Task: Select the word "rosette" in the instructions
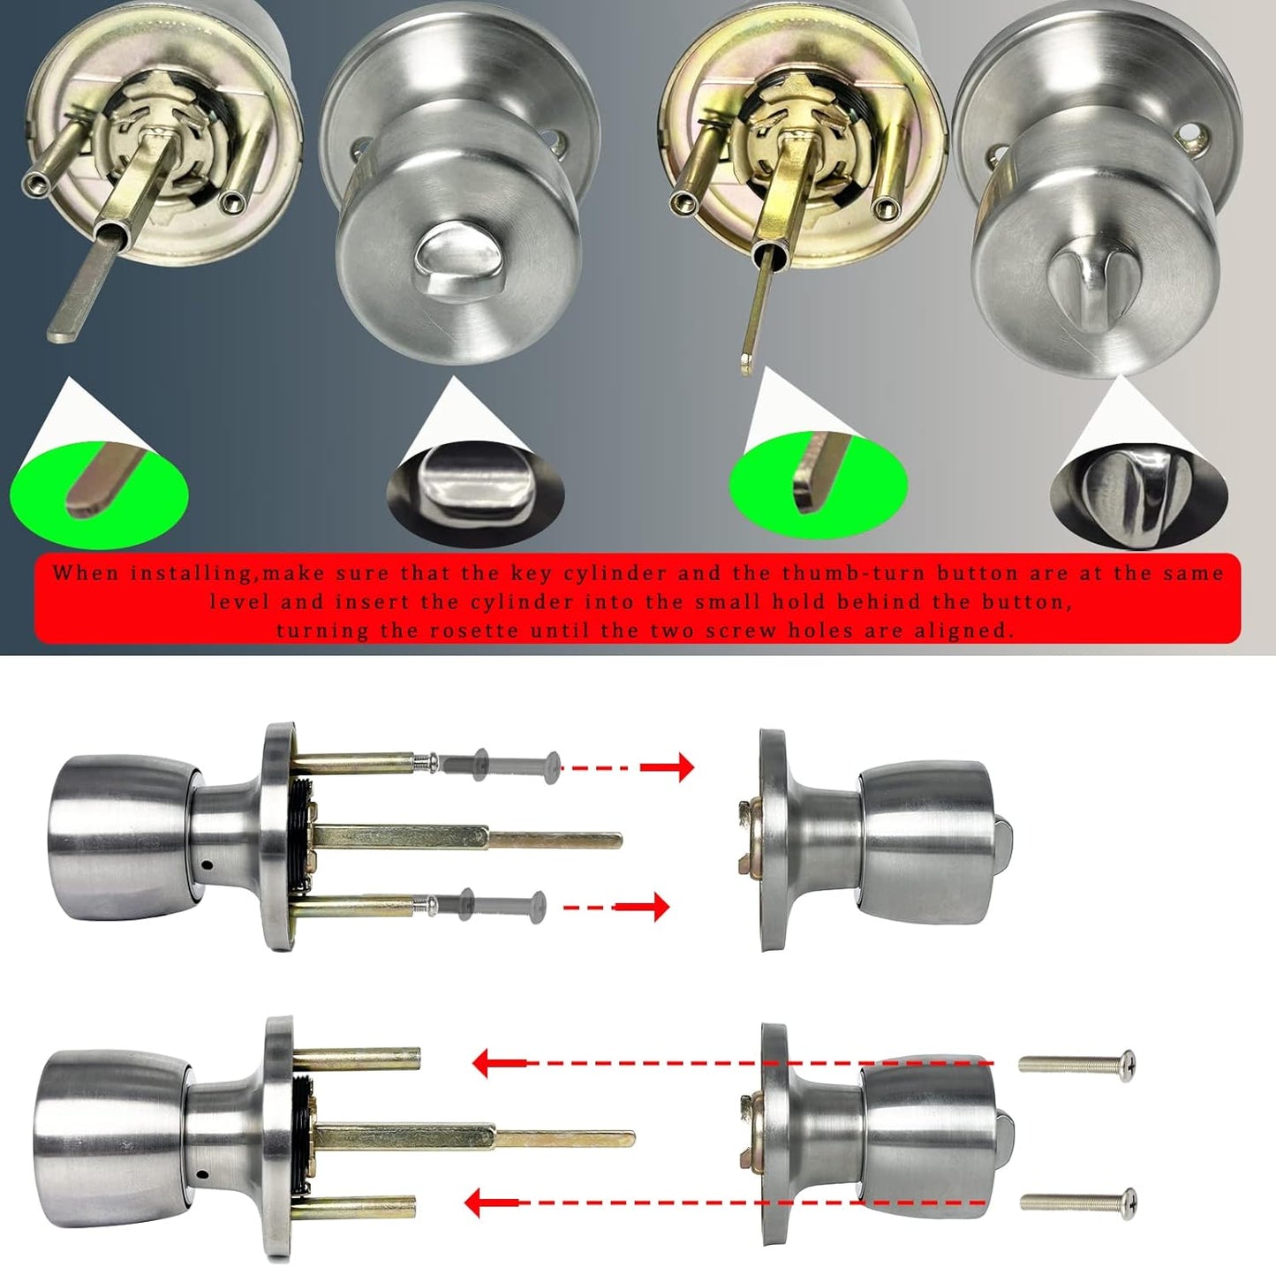click(x=475, y=630)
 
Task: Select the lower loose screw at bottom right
click(x=1078, y=1201)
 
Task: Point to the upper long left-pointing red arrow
click(x=733, y=1063)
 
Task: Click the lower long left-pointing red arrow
click(x=724, y=1202)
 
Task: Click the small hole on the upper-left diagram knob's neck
click(x=206, y=864)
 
